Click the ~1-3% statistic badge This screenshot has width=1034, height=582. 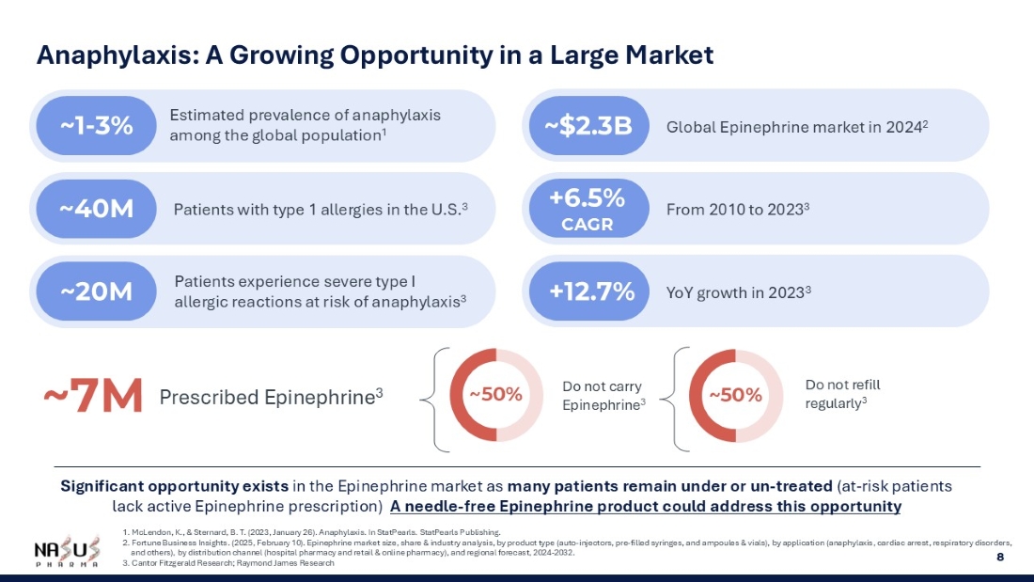pyautogui.click(x=96, y=126)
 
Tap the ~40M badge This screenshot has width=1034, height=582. pyautogui.click(x=96, y=209)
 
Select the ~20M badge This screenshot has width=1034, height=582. pyautogui.click(x=96, y=291)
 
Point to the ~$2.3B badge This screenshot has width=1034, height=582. pyautogui.click(x=588, y=126)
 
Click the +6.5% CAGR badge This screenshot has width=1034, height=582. pyautogui.click(x=587, y=209)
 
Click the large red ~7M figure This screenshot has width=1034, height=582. pyautogui.click(x=92, y=397)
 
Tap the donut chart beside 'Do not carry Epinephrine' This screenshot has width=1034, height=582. pyautogui.click(x=495, y=395)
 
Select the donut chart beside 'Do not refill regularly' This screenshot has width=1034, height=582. pyautogui.click(x=736, y=396)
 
